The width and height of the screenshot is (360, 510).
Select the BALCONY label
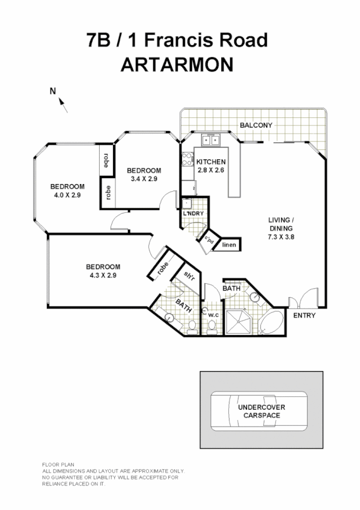[256, 125]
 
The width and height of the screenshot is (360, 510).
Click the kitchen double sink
[210, 141]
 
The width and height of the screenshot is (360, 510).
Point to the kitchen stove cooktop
[186, 159]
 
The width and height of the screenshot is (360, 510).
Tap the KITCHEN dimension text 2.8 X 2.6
[210, 171]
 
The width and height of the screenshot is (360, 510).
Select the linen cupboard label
[229, 245]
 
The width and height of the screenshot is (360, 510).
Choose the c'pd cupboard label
[209, 239]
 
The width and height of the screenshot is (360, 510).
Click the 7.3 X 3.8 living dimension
[281, 236]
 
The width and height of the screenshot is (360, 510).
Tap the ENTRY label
[304, 315]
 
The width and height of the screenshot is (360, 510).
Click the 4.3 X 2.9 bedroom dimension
[103, 275]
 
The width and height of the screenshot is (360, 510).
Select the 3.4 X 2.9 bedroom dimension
[144, 179]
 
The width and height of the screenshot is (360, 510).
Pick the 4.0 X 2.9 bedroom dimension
[67, 195]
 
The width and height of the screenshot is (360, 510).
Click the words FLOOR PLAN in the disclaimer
[55, 465]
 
